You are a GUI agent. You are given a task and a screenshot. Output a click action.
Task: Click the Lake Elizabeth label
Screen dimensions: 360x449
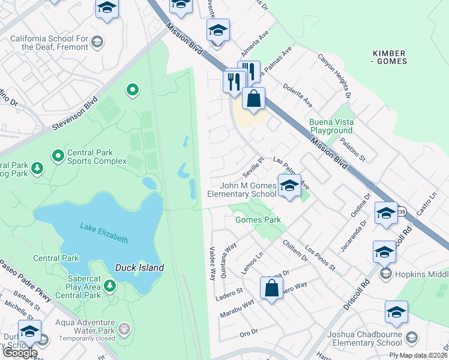coord(104,233)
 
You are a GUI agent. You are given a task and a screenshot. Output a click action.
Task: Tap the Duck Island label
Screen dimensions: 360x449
coord(139,268)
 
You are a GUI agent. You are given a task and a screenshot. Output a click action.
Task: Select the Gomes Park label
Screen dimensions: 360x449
coord(258,220)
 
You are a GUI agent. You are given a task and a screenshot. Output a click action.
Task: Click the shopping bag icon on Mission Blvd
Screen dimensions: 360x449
coord(254,98)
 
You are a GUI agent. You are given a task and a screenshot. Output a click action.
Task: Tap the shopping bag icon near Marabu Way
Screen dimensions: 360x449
coord(271,287)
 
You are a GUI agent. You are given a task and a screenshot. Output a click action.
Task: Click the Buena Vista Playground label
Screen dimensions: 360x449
coord(331,126)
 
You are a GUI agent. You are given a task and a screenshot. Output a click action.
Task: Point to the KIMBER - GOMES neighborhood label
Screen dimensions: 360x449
coord(389,56)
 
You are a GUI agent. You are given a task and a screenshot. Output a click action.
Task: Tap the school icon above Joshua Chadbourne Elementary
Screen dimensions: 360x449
coord(396,313)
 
